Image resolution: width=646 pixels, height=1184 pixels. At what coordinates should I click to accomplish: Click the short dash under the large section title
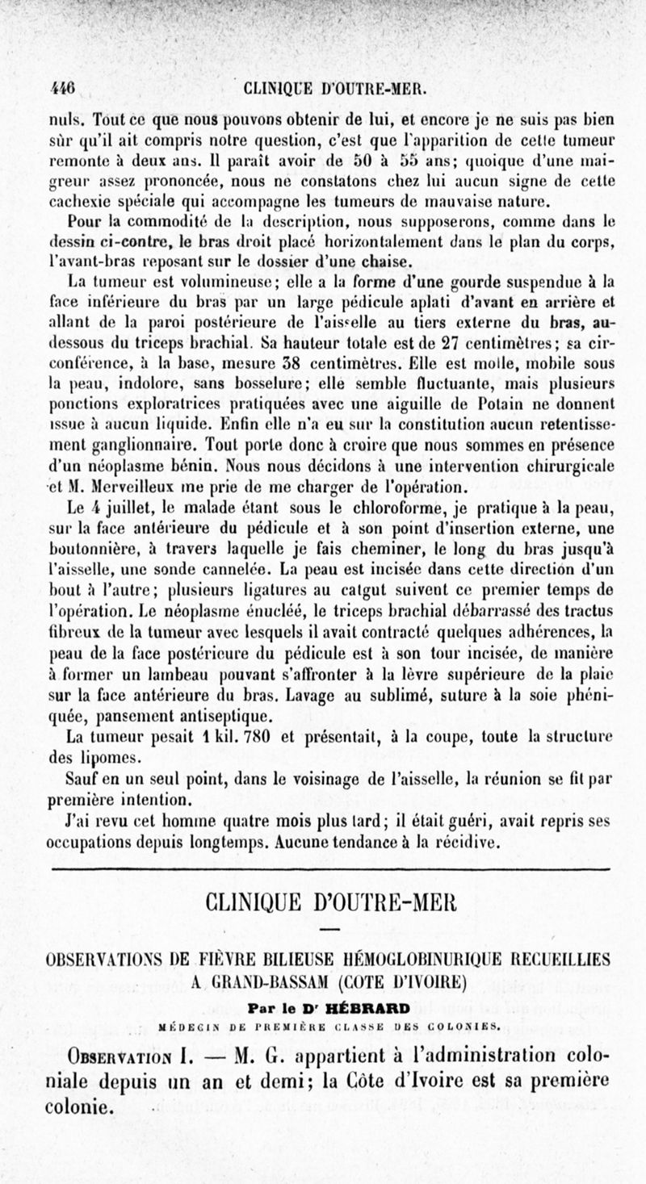pyautogui.click(x=330, y=931)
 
